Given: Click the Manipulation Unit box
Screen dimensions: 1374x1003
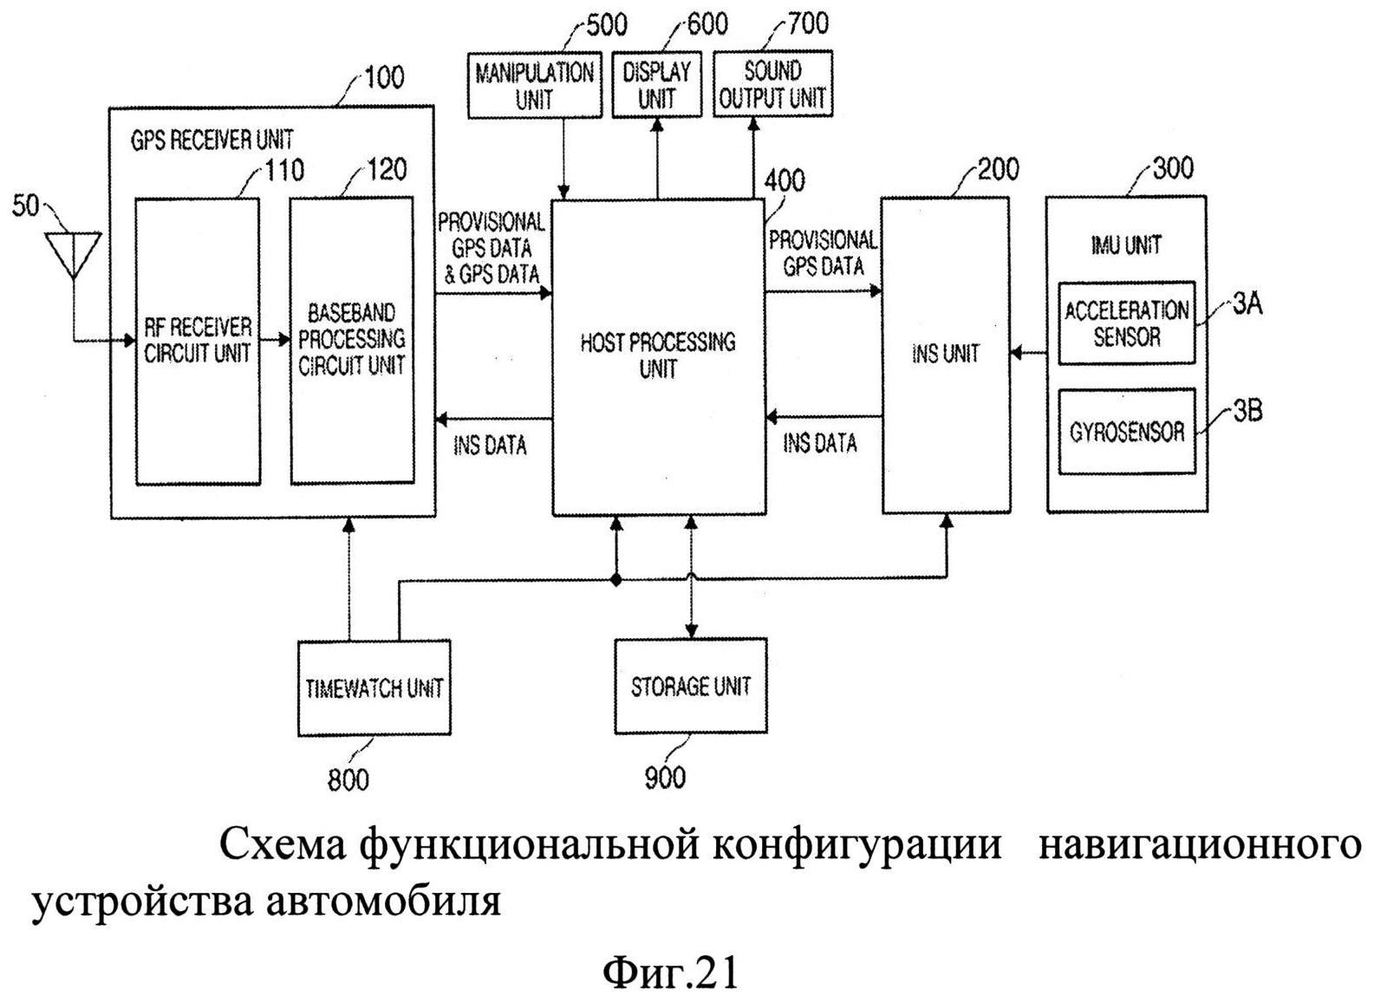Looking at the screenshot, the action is [534, 85].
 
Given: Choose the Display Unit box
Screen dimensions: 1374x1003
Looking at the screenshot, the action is [657, 84].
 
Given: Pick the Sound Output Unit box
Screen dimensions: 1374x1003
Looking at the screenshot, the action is [773, 83].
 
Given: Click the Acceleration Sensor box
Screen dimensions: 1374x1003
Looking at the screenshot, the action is [1127, 323].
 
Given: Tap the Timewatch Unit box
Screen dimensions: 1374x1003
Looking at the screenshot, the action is [374, 688].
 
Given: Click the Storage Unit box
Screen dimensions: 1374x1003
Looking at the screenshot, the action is [691, 687].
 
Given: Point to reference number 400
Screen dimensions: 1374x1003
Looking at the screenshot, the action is [785, 180].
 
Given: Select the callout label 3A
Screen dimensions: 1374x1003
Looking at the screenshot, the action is [1247, 304].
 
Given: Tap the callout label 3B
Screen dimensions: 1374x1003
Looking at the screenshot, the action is [1247, 411].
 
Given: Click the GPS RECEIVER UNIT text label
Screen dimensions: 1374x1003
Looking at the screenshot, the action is [212, 140].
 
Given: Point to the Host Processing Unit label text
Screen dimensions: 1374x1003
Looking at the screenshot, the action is [658, 355].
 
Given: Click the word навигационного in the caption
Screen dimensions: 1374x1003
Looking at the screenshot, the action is [1199, 846].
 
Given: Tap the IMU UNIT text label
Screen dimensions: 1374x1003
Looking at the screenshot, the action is [1126, 245].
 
